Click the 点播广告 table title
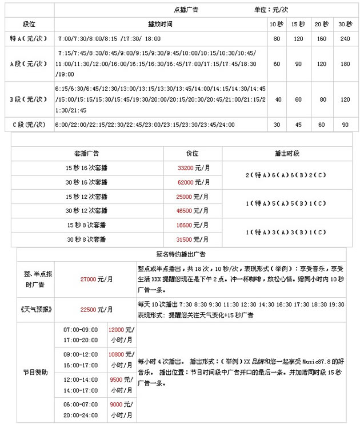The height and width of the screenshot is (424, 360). tap(186, 10)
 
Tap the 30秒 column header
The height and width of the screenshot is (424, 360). tap(345, 24)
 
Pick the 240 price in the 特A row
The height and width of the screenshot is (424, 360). tap(345, 39)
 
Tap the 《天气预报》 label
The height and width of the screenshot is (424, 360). tap(36, 309)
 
